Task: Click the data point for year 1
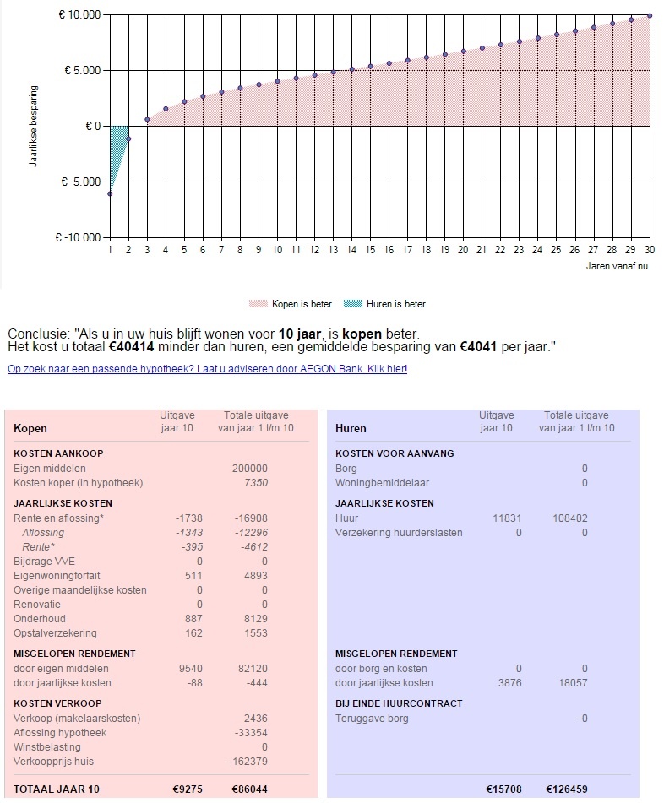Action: click(x=110, y=194)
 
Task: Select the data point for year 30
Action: click(x=650, y=15)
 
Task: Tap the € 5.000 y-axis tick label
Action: click(x=83, y=71)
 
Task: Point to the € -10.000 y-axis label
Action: click(x=79, y=238)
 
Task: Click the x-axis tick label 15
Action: click(x=370, y=251)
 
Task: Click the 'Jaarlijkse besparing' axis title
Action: click(x=34, y=125)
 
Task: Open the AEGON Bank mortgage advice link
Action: click(x=207, y=369)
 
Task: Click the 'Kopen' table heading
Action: click(x=30, y=429)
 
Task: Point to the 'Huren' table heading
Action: click(x=351, y=429)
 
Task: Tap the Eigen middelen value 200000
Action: click(x=249, y=469)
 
